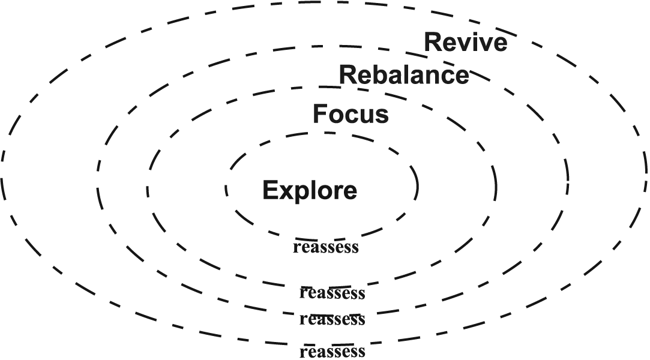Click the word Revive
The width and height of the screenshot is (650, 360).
pyautogui.click(x=466, y=43)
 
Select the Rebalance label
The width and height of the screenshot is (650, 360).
pyautogui.click(x=404, y=76)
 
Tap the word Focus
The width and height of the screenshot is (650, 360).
pyautogui.click(x=351, y=114)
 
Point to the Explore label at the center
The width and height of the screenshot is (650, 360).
pyautogui.click(x=310, y=191)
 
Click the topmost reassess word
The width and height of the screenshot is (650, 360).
pyautogui.click(x=325, y=247)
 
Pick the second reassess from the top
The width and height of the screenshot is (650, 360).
pyautogui.click(x=332, y=293)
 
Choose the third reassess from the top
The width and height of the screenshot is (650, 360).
pyautogui.click(x=332, y=319)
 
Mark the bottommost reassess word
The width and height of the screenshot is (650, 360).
pyautogui.click(x=332, y=351)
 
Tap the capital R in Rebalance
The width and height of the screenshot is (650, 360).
pyautogui.click(x=349, y=76)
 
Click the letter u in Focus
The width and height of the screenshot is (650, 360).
pyautogui.click(x=368, y=115)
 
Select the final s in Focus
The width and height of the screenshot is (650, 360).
pyautogui.click(x=382, y=115)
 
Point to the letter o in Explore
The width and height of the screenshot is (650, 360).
pyautogui.click(x=321, y=192)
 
